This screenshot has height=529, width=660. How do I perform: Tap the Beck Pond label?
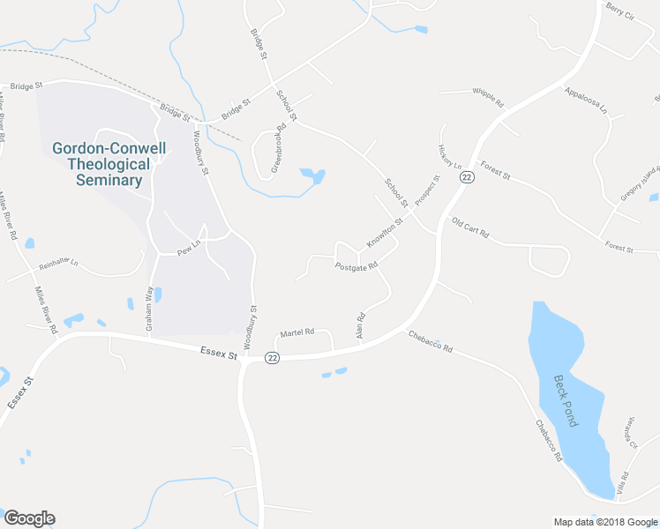tap(565, 400)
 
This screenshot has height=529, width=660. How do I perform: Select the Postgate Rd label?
tap(356, 265)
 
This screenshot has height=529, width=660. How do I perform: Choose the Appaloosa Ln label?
tap(587, 100)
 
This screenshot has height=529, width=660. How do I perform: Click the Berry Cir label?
tap(621, 15)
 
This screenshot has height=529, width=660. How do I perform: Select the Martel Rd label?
tap(297, 332)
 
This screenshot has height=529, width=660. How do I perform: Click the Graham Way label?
tap(151, 309)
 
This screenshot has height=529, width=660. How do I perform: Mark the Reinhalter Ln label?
tap(58, 264)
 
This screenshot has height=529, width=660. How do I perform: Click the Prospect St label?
tap(428, 191)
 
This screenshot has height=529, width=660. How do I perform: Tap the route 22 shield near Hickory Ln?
tap(467, 177)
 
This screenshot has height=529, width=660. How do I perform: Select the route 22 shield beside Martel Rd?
tap(273, 357)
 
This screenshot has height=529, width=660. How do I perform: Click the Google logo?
tap(29, 518)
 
